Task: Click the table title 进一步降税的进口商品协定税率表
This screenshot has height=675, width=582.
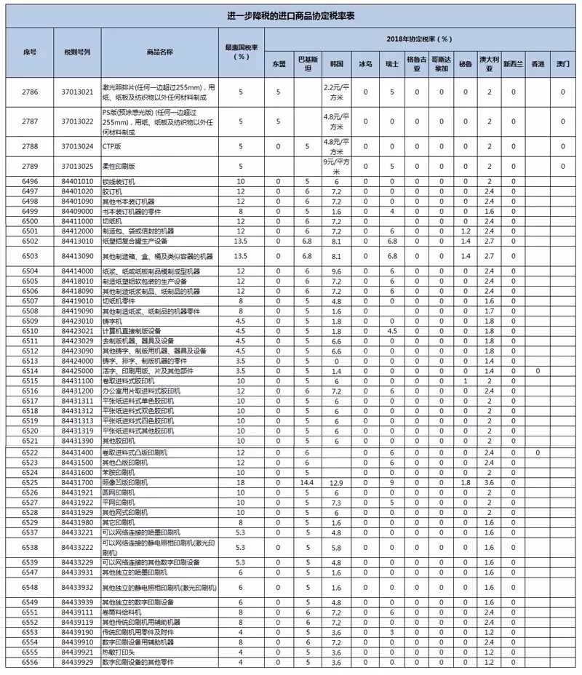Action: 291,16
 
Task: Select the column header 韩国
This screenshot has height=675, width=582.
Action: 336,64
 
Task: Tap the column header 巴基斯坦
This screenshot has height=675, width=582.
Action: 307,64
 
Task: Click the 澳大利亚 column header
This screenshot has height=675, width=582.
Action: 490,64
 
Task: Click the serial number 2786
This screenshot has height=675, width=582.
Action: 30,92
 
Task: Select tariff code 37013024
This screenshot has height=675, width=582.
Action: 76,146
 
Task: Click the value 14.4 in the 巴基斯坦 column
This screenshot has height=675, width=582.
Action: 307,482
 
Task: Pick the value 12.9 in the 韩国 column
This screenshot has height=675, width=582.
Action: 336,482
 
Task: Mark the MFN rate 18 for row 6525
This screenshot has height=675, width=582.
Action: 241,482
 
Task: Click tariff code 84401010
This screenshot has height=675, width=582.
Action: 76,180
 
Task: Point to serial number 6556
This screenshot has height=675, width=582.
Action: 30,663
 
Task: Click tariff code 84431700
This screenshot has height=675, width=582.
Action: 76,482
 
